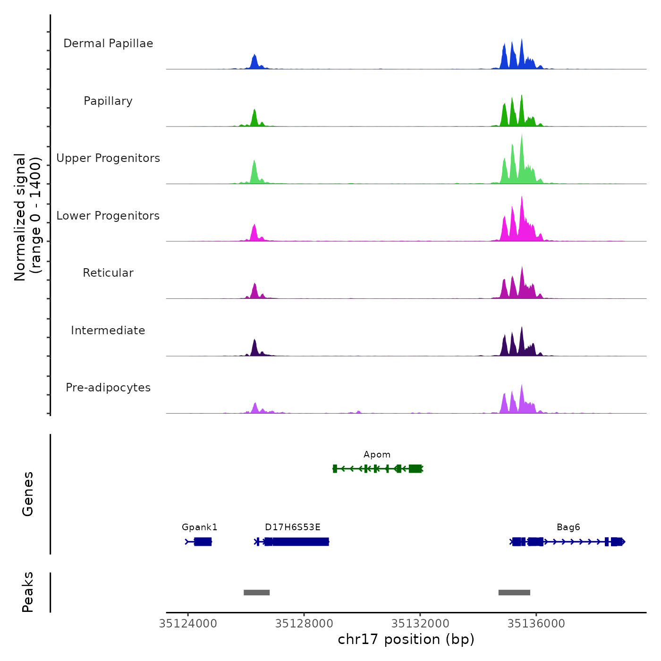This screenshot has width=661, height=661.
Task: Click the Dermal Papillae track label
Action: point(108,43)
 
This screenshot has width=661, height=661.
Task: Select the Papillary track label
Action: point(108,101)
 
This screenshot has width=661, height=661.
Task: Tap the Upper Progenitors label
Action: point(108,158)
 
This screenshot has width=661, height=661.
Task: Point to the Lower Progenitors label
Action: point(108,216)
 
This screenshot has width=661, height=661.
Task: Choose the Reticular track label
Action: point(108,273)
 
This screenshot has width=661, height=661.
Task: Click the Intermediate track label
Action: point(108,330)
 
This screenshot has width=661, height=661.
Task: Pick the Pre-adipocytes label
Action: point(108,388)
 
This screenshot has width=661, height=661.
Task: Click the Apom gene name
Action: point(377,455)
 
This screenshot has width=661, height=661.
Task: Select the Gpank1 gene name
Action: point(200,527)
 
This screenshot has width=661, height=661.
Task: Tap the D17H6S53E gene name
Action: point(293,527)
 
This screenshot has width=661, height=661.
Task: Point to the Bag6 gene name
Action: point(568,527)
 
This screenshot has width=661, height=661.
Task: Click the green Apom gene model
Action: point(378,468)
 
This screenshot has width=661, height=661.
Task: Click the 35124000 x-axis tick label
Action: point(188,624)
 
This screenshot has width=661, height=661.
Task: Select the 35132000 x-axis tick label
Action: point(420,624)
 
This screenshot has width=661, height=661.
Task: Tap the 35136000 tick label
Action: point(536,624)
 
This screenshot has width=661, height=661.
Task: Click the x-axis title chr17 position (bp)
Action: point(406,639)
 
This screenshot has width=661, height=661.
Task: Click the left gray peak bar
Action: point(256,593)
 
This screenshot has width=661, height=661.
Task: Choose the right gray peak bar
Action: point(514,593)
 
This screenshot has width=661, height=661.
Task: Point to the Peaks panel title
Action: point(28,592)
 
